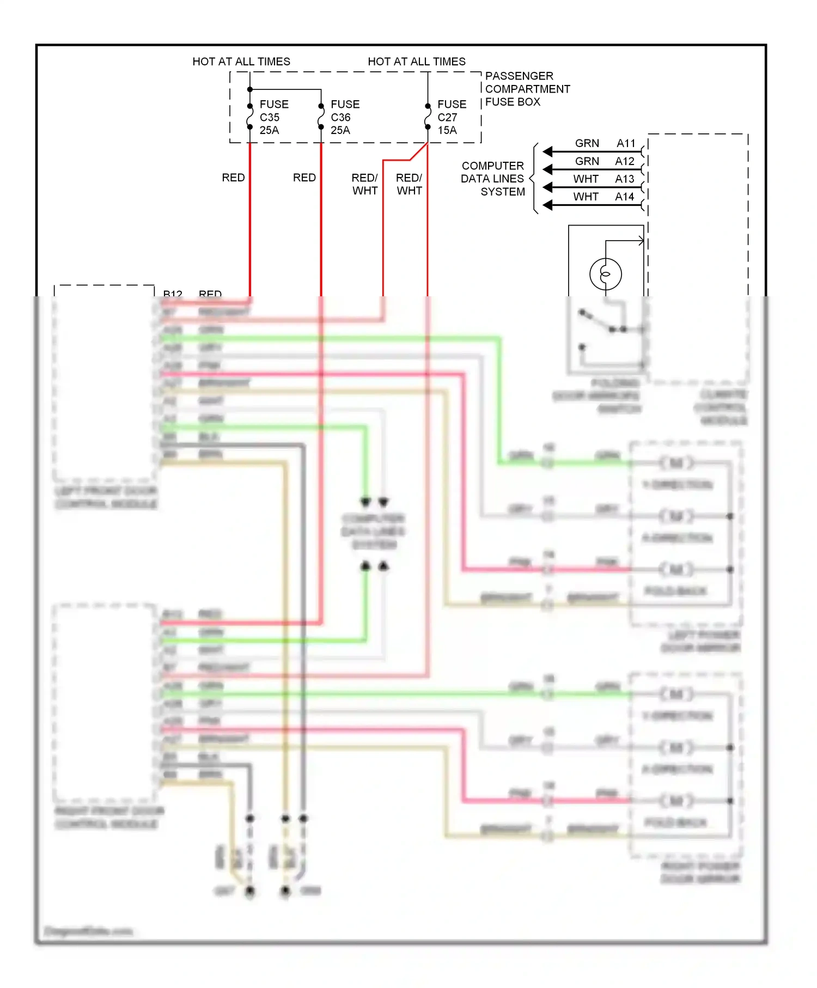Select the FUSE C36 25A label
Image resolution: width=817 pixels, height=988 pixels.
(344, 117)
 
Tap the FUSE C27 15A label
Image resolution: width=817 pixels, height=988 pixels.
(451, 117)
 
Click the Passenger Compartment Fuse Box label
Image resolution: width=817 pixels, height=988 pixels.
(527, 89)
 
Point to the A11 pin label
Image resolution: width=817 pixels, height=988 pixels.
(626, 143)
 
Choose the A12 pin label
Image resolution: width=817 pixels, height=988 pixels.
(625, 161)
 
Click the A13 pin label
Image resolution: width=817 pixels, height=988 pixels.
(625, 179)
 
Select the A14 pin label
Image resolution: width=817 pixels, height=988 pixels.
(625, 197)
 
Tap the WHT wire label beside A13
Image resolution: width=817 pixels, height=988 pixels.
(586, 179)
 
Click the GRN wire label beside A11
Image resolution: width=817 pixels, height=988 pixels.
(587, 143)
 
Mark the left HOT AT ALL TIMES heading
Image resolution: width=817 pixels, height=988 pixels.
(241, 62)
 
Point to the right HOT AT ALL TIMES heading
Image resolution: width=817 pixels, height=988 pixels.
(417, 62)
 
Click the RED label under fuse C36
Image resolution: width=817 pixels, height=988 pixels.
(304, 178)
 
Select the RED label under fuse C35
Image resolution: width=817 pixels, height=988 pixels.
(233, 178)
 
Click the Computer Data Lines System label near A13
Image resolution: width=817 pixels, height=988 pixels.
(492, 179)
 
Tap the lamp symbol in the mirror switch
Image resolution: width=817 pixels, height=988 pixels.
(605, 274)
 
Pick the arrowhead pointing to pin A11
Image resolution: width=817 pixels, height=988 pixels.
(548, 152)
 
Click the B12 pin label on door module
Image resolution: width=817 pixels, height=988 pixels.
(173, 294)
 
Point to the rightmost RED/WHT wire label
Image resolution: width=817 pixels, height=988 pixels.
(409, 184)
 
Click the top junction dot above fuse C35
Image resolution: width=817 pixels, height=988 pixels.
(250, 89)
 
